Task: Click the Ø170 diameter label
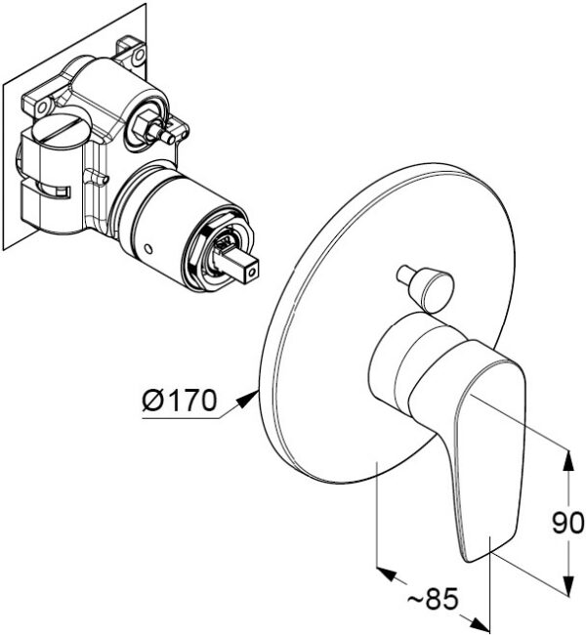point(180,401)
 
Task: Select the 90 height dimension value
point(567,523)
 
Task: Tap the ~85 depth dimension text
point(433,599)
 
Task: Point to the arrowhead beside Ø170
point(248,398)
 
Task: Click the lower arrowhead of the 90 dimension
point(568,584)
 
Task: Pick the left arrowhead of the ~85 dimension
point(386,573)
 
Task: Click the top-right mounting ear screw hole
point(140,54)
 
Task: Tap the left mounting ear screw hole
point(42,107)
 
